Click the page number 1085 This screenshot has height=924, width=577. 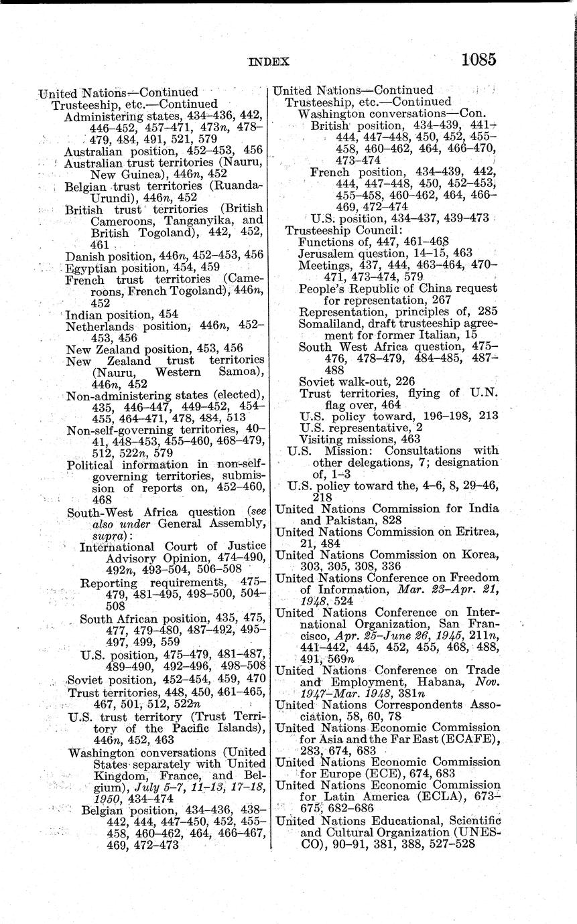[478, 60]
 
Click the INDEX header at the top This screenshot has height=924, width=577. [268, 62]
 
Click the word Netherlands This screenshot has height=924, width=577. [99, 326]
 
